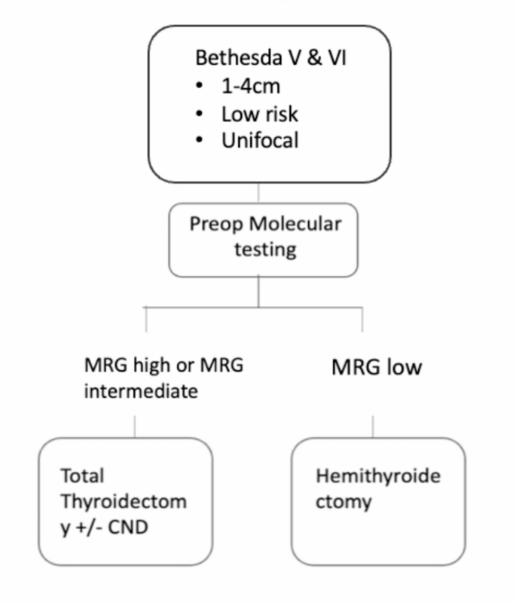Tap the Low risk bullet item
click(x=260, y=113)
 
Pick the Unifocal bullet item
click(x=260, y=140)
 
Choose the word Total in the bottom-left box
click(x=84, y=476)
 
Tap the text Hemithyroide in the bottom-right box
click(x=377, y=476)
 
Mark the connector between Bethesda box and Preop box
click(x=258, y=193)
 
